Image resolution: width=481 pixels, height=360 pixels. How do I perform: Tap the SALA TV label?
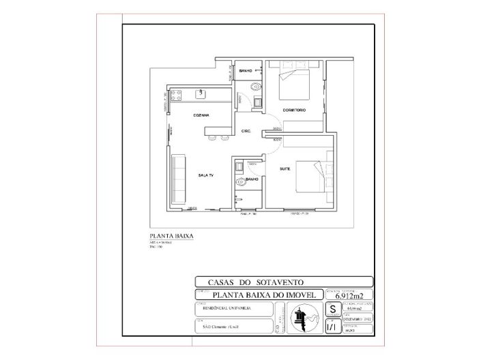(206, 176)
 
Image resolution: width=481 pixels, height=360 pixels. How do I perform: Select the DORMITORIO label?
(294, 110)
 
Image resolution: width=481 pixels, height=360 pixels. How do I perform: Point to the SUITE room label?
(285, 167)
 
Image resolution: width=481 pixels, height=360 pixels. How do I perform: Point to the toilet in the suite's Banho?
(240, 182)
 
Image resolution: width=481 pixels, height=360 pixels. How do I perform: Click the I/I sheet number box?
(332, 327)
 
